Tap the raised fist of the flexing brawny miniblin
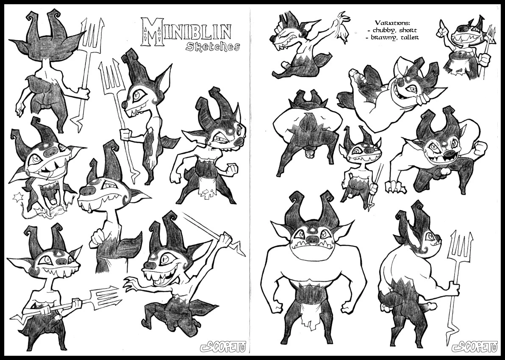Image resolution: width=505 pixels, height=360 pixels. click(480, 147)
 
